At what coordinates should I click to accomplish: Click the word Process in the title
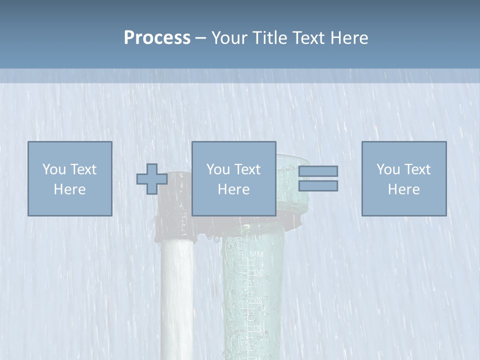[x=157, y=38]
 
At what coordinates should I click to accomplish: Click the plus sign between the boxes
[x=152, y=179]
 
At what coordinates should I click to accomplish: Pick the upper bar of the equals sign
[x=318, y=171]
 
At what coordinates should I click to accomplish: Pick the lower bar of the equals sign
[x=318, y=186]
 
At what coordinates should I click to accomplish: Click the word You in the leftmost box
[x=53, y=169]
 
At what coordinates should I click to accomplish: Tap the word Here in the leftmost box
[x=69, y=189]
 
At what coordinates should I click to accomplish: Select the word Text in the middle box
[x=248, y=169]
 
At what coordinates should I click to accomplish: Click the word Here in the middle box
[x=233, y=189]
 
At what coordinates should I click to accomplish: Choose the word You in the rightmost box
[x=387, y=169]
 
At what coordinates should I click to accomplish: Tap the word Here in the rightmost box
[x=403, y=189]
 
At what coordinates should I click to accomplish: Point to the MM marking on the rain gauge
[x=256, y=255]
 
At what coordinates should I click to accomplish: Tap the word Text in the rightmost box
[x=418, y=169]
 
